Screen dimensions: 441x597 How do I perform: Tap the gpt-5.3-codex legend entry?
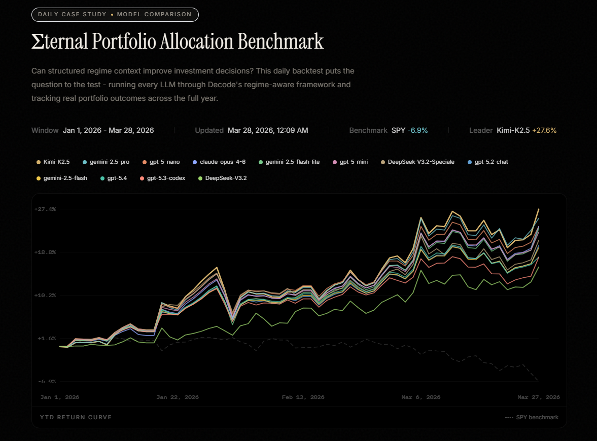163,178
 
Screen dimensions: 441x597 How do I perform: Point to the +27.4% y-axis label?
45,209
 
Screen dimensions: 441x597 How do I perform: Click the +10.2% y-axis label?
45,295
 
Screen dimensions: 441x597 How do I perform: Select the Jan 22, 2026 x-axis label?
178,397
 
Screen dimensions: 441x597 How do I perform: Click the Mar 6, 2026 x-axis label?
421,397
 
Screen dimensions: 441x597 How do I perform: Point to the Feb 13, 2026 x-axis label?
303,397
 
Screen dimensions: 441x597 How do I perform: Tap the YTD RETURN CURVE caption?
76,417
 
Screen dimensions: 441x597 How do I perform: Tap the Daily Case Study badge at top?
115,14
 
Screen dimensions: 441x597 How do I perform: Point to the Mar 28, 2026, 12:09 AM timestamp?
268,130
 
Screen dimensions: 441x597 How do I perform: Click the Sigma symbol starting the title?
38,42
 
